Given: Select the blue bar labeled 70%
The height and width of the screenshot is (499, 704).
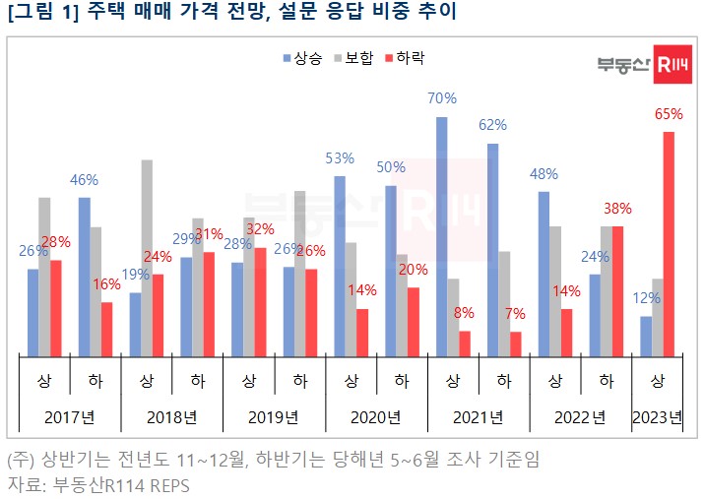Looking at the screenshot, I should (x=441, y=236).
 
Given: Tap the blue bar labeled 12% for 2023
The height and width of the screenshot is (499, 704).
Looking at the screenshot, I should (x=646, y=336).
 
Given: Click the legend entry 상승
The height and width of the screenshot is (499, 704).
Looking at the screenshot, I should (x=300, y=58).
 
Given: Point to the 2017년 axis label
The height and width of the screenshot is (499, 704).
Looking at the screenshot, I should (x=70, y=417).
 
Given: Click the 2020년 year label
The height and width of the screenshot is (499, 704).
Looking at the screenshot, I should (x=376, y=417).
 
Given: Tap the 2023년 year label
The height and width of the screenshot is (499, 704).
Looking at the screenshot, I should (x=658, y=417).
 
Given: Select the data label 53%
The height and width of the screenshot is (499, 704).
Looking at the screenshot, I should (x=340, y=158).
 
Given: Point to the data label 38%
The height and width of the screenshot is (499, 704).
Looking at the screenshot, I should (x=617, y=209).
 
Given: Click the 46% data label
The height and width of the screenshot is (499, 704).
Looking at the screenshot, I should (x=84, y=180).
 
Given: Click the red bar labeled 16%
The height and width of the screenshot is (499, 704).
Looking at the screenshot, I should (x=106, y=329).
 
